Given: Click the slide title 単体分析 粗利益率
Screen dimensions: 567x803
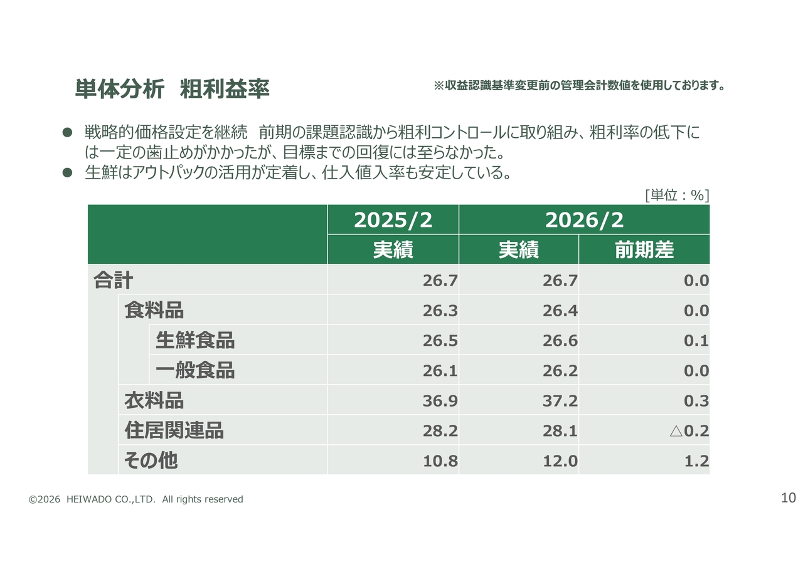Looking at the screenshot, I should pos(172,90).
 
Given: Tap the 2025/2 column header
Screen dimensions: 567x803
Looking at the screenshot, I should pos(393,220).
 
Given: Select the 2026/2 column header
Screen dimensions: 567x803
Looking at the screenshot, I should pos(584,220).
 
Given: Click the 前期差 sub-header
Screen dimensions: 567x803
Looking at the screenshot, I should pos(644,250).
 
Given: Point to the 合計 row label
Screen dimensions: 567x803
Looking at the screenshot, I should pos(114,280).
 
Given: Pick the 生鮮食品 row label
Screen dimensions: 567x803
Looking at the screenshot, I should pos(195,340).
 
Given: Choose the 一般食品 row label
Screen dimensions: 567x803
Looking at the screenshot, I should pos(195,370).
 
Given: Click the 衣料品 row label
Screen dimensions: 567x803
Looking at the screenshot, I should pos(154,400).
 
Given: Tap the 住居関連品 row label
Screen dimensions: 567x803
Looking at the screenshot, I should pos(174,430).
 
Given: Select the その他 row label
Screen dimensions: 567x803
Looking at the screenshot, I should pos(151,460).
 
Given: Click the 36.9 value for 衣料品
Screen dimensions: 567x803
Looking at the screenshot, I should pos(440,400).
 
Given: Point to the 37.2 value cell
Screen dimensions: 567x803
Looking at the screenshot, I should pos(560,400).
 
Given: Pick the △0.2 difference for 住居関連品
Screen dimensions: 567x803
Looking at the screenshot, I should pos(689,431).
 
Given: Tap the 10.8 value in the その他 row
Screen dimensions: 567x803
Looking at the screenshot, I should pos(440,461).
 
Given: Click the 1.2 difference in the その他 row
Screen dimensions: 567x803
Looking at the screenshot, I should pos(696,461).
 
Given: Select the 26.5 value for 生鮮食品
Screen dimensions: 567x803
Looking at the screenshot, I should pos(440,340).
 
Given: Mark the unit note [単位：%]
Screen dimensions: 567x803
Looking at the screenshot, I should pos(677,195).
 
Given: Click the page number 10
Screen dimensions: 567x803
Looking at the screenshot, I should pos(789,498).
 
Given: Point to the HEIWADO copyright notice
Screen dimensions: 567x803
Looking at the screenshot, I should pos(136,499).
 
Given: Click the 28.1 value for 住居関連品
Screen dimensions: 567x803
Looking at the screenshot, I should pos(560,431).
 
